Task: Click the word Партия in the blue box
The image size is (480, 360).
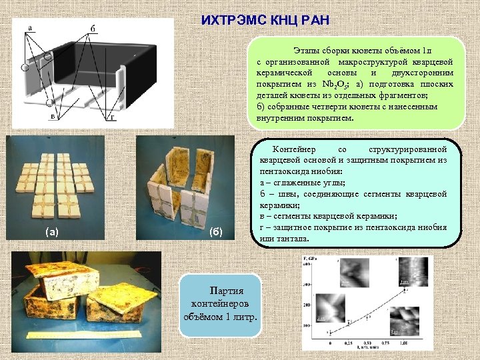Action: pyautogui.click(x=226, y=291)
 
